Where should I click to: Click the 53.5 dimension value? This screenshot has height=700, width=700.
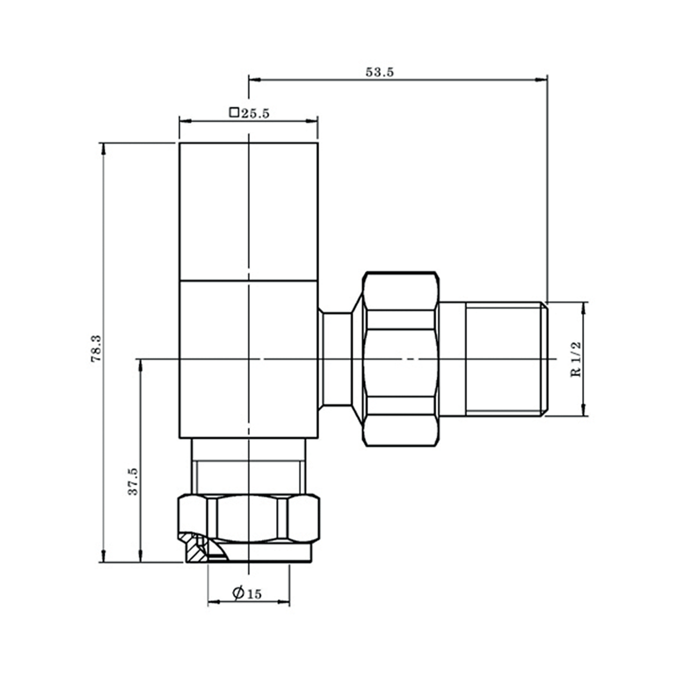click(379, 72)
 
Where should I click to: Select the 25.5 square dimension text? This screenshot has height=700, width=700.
click(255, 113)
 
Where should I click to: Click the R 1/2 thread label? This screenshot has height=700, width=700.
click(577, 359)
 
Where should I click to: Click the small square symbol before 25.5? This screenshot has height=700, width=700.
click(234, 112)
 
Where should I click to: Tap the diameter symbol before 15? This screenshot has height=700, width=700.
click(238, 593)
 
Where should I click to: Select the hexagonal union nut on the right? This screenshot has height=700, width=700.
click(401, 359)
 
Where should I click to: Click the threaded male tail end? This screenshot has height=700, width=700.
click(504, 359)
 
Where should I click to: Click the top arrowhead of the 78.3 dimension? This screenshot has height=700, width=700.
click(103, 147)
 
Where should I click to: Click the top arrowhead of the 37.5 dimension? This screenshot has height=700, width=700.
click(140, 364)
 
